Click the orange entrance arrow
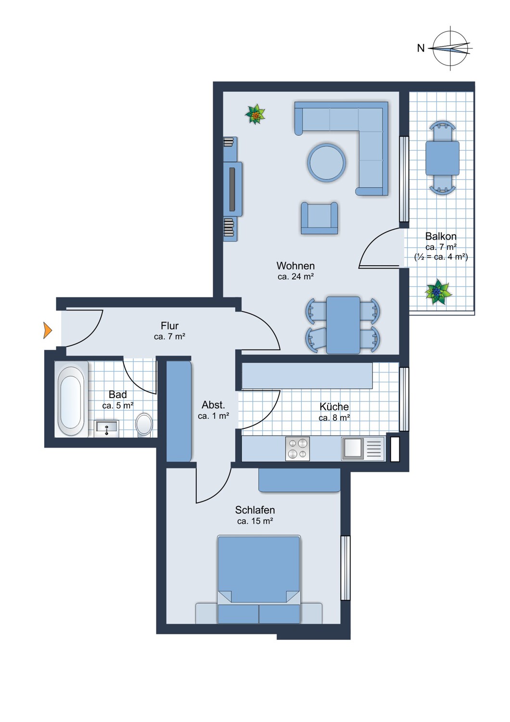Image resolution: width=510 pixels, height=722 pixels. coord(47,330)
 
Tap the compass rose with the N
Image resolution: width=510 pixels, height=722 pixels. coord(450,48)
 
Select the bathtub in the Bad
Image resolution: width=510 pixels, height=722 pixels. coord(71,400)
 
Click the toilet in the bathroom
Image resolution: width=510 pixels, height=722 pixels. coord(144,424)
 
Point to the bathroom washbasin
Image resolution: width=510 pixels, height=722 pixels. coord(106,427)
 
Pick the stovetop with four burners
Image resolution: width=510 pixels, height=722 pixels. coord(297,449)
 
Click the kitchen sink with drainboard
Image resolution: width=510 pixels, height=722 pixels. coord(363,449)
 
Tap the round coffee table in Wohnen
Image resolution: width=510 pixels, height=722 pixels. coord(327,163)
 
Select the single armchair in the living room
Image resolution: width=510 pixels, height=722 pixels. coord(319,218)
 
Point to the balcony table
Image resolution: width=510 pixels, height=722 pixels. coord(442,158)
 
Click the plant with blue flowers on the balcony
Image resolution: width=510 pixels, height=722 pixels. coord(437,292)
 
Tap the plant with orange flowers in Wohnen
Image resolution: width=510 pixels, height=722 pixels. coord(255,115)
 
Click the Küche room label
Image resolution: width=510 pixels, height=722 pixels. coord(334,407)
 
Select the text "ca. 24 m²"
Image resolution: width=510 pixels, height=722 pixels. coord(295,277)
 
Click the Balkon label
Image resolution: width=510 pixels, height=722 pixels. coord(441,236)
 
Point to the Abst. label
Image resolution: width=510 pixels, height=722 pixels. coord(213,405)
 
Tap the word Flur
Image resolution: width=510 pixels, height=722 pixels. coord(170,326)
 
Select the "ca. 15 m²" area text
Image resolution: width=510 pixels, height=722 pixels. coord(255,521)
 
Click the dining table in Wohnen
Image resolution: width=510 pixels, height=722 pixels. coord(343,325)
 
